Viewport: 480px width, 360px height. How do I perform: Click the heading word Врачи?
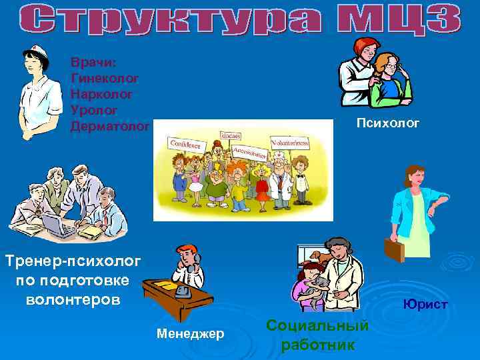click(x=93, y=62)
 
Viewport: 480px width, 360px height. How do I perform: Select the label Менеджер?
click(x=190, y=332)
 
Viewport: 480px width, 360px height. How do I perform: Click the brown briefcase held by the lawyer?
click(x=394, y=249)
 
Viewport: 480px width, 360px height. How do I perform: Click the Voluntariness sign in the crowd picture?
click(x=290, y=143)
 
